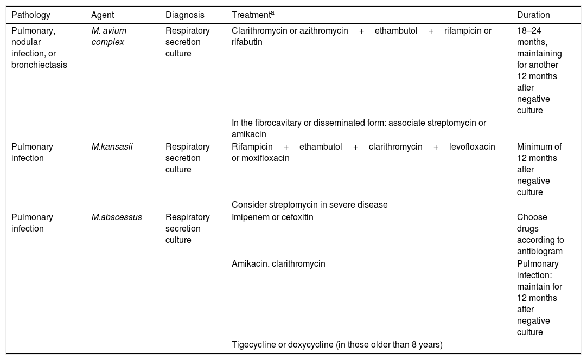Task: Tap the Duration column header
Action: pos(533,15)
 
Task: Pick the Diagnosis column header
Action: pos(184,15)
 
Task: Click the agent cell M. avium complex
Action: pos(109,36)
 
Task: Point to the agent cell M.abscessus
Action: pos(117,217)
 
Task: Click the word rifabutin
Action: pos(247,42)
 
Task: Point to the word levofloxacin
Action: pos(472,147)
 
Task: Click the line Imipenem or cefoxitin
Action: pos(272,217)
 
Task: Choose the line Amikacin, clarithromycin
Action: pos(278,264)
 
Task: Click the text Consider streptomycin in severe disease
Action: pos(309,205)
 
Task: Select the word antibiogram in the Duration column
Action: pos(539,251)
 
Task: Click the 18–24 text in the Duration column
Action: pos(529,31)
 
